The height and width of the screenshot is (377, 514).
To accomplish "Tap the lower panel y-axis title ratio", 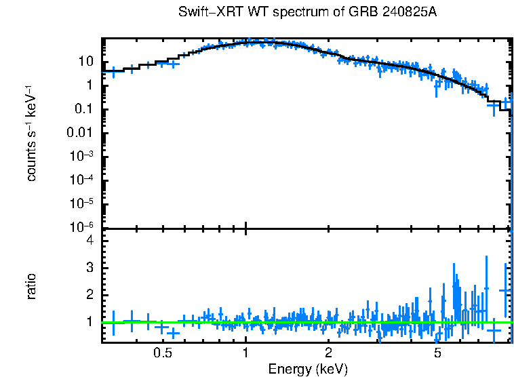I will (31, 286).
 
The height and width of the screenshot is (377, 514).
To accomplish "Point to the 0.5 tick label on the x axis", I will (162, 353).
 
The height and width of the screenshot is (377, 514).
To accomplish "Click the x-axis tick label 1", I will (245, 353).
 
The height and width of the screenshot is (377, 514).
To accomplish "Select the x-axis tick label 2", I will (328, 353).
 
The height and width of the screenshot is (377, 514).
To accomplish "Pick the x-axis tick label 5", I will (438, 353).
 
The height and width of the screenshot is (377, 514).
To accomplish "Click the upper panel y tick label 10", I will (86, 62).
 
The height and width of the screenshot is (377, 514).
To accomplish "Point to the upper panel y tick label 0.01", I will (83, 133).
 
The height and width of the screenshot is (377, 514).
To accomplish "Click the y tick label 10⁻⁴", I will (84, 180).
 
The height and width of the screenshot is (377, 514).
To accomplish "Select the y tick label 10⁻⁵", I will (84, 203).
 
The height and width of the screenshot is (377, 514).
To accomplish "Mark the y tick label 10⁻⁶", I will (84, 226).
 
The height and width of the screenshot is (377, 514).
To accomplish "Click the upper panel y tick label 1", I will (90, 85).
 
